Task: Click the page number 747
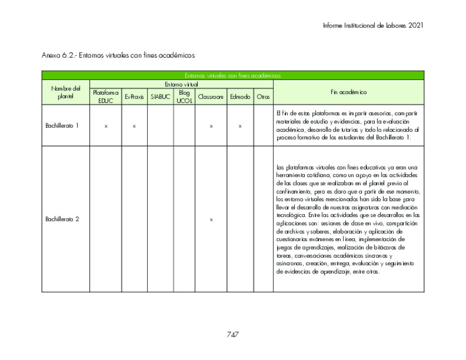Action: click(232, 334)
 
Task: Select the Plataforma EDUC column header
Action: click(106, 96)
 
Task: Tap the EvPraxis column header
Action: click(135, 97)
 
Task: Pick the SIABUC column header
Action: click(160, 97)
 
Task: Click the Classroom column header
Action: click(211, 97)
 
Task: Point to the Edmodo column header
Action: click(240, 97)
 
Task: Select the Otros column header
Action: click(263, 97)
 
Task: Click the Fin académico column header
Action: click(349, 92)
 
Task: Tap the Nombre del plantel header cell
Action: click(65, 92)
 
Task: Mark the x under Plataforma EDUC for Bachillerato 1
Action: click(106, 126)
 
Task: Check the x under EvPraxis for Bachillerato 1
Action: click(135, 126)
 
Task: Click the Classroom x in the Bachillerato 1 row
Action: click(211, 126)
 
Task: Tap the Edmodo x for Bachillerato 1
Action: click(240, 126)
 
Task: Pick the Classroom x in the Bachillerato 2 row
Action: click(211, 220)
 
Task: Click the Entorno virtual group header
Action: click(181, 84)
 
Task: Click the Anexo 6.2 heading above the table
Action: click(118, 54)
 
